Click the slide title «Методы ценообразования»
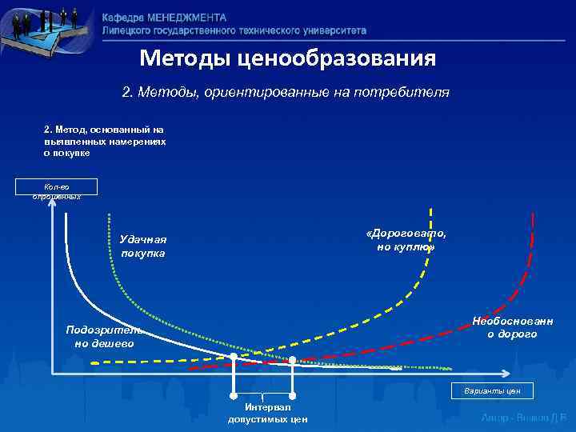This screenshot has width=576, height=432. (x=287, y=58)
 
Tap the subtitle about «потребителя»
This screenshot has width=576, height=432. (x=286, y=93)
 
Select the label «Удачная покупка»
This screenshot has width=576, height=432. (x=142, y=246)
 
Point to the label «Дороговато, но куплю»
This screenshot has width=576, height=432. (x=406, y=239)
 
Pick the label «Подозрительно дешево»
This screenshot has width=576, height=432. (x=105, y=336)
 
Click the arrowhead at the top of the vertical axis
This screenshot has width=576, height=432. (x=51, y=202)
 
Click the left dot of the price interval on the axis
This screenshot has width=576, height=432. (x=234, y=358)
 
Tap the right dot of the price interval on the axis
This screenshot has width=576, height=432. (x=293, y=359)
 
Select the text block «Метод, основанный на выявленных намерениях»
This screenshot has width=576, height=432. (x=105, y=140)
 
